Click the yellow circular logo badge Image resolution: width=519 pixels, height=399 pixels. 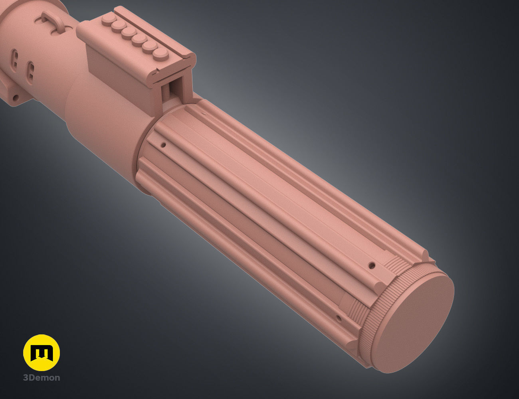(x=42, y=353)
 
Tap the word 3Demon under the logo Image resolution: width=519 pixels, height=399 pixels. (x=42, y=377)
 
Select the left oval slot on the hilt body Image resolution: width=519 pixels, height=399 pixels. (x=15, y=57)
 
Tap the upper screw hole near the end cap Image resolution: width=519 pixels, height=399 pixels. (x=372, y=265)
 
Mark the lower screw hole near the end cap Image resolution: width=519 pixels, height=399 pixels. (x=339, y=318)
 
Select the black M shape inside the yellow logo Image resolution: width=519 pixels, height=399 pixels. (x=42, y=353)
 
